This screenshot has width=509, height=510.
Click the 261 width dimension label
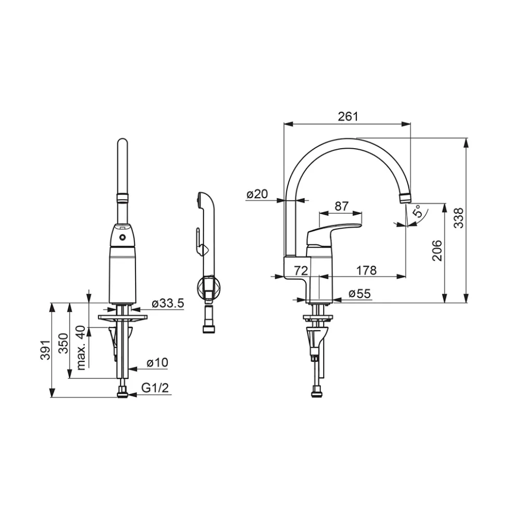coord(348,116)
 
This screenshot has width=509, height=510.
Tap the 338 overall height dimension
coord(458,218)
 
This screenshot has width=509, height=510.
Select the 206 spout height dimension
coord(437,251)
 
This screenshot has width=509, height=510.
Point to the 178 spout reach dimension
coord(366,270)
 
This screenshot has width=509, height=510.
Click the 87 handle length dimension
coord(341,206)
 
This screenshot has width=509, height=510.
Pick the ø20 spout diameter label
coord(257,194)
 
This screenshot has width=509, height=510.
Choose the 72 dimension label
coord(301,270)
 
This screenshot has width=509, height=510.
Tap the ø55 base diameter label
coord(359,293)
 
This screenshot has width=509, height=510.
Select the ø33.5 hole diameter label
coord(168,303)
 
